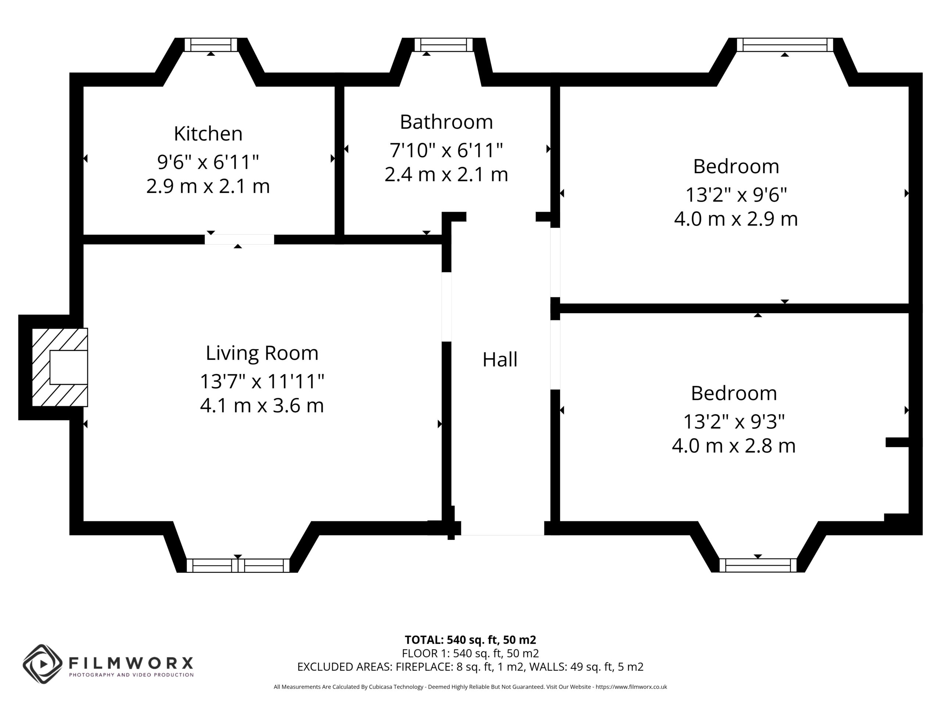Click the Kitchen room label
208,133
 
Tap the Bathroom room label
446,122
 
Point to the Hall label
500,360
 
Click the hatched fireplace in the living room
60,367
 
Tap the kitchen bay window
211,45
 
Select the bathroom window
443,45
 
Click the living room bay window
238,566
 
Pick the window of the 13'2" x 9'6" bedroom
785,45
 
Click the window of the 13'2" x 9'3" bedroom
758,565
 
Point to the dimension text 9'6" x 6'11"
208,162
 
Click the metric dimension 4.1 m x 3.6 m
262,406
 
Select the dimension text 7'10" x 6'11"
446,150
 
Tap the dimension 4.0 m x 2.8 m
734,446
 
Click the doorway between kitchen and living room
239,239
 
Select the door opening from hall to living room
446,307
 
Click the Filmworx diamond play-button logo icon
43,664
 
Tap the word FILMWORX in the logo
131,663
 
